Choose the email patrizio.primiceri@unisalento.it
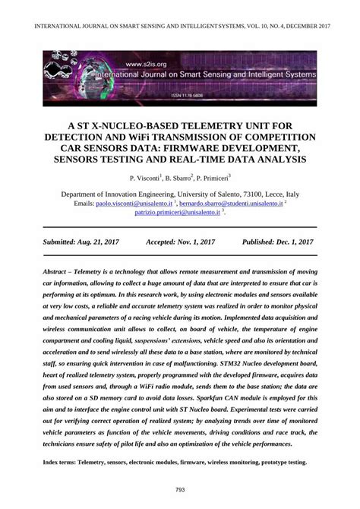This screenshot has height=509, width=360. pos(177,213)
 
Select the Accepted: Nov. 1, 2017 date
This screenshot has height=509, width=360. pos(180,241)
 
